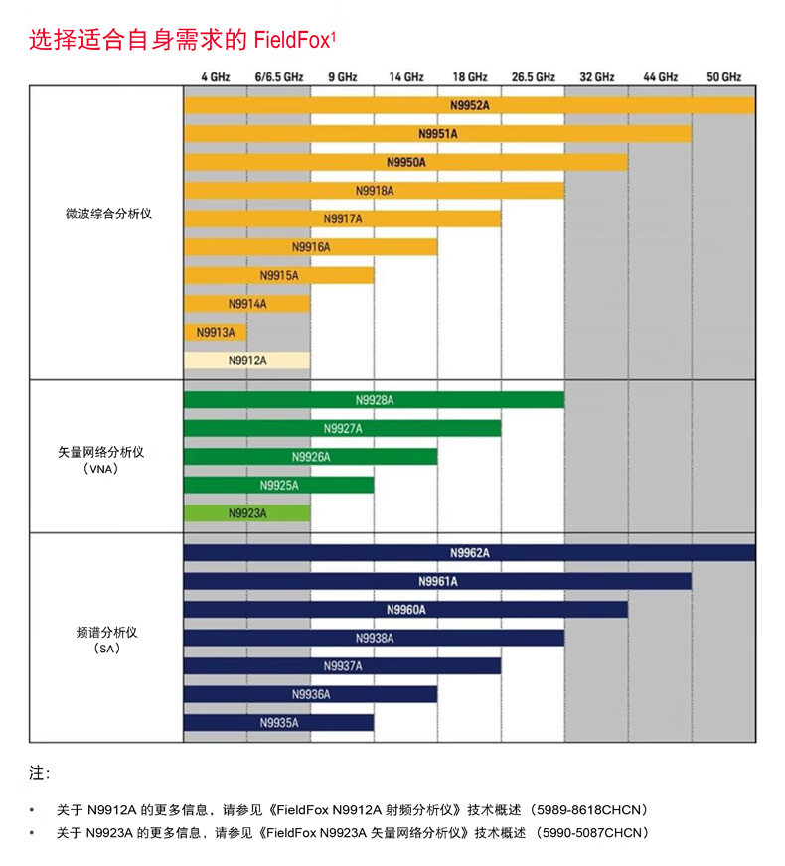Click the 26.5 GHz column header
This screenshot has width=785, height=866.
(533, 76)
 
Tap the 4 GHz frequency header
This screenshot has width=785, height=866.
(215, 76)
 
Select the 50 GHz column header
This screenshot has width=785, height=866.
(723, 76)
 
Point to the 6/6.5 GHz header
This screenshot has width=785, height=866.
(278, 76)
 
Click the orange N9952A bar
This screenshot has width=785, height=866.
(469, 104)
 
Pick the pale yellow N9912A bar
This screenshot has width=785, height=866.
(246, 361)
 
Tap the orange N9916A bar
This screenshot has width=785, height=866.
(310, 246)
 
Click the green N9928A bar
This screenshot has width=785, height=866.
(374, 400)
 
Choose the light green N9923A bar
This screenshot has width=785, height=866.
(246, 513)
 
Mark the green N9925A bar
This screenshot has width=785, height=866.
(278, 485)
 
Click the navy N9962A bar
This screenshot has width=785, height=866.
(469, 553)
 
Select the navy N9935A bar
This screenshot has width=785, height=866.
(278, 723)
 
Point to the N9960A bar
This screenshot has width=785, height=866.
(405, 610)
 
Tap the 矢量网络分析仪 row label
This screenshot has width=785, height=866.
(102, 452)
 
